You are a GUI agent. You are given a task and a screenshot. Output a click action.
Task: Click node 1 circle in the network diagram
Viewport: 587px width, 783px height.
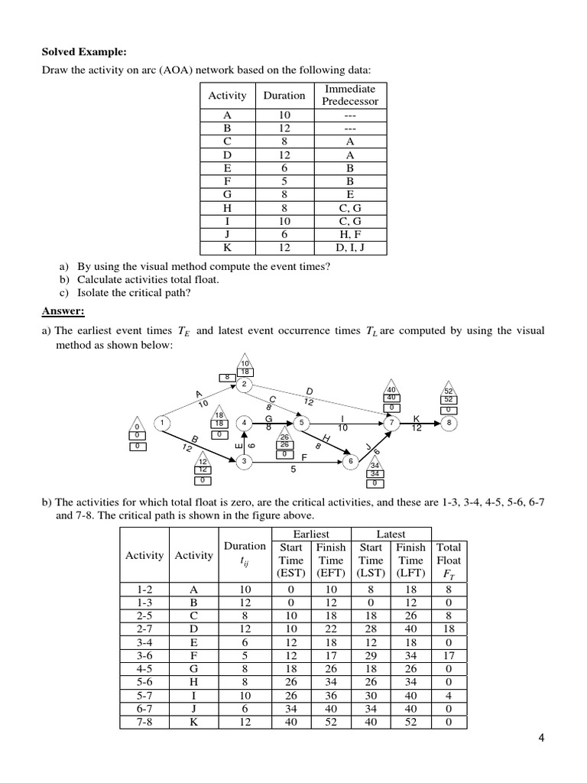pos(162,421)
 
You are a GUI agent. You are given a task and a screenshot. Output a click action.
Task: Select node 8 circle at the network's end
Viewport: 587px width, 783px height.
pos(449,421)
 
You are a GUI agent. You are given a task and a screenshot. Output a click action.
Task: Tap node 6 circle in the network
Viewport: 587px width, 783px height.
pos(351,461)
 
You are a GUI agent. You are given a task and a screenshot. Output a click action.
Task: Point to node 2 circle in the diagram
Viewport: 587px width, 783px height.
pos(244,384)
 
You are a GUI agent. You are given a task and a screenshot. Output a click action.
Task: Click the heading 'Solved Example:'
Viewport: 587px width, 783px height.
pos(83,52)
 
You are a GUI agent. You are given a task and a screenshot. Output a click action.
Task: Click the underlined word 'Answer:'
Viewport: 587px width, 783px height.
pos(63,311)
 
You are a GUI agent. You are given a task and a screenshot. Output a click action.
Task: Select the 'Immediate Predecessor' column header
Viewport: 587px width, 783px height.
pos(349,96)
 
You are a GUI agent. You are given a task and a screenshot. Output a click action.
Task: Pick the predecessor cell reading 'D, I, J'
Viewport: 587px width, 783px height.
pos(349,248)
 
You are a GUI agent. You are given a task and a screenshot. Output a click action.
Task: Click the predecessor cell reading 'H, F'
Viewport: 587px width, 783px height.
pos(349,235)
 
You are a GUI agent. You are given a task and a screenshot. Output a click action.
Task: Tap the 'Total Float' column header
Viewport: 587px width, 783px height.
pos(449,560)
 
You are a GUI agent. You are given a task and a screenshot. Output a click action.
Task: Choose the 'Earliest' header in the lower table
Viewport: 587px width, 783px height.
pos(310,534)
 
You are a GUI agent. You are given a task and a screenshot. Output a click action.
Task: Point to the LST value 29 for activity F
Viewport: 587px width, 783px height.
pos(371,655)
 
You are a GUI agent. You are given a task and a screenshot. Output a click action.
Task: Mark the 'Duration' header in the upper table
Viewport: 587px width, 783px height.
pos(284,96)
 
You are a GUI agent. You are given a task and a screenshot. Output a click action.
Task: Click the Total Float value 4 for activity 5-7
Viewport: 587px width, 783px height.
pos(449,694)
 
